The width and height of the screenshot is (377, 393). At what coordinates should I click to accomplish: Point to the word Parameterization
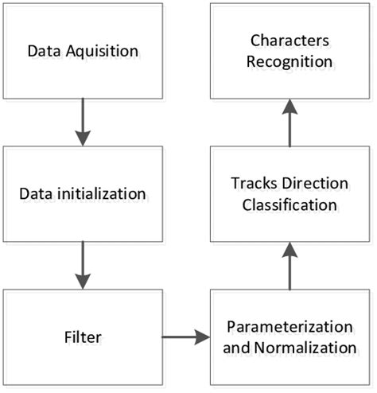pos(289,327)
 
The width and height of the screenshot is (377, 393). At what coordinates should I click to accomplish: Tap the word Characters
pos(289,41)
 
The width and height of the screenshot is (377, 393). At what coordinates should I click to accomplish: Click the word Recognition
pos(289,60)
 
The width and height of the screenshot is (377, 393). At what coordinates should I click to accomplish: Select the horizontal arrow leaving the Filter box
pos(185,337)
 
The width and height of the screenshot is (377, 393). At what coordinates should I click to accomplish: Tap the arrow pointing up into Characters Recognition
pos(290,124)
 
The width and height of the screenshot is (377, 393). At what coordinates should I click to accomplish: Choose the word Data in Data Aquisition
pos(44,52)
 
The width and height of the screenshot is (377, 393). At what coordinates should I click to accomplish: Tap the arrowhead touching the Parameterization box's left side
pos(203,337)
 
